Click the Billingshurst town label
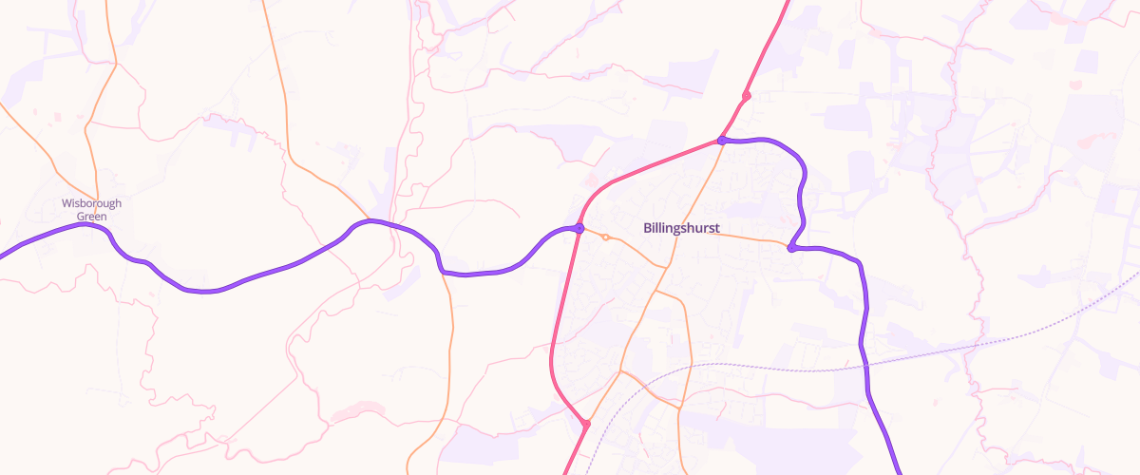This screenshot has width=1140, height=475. click(681, 228)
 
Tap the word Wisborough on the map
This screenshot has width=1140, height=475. click(91, 203)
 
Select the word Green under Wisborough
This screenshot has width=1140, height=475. click(91, 217)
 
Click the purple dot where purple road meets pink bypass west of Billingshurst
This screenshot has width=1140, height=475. click(579, 229)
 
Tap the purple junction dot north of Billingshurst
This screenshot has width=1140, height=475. click(722, 141)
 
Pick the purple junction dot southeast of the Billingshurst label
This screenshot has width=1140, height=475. click(790, 249)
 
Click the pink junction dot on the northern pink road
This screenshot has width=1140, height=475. click(747, 96)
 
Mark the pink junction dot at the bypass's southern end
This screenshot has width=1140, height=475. click(587, 424)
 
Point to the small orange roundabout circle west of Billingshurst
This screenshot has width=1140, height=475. click(605, 237)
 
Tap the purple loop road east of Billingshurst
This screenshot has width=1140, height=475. click(804, 180)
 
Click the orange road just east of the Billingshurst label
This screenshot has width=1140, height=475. click(750, 238)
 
